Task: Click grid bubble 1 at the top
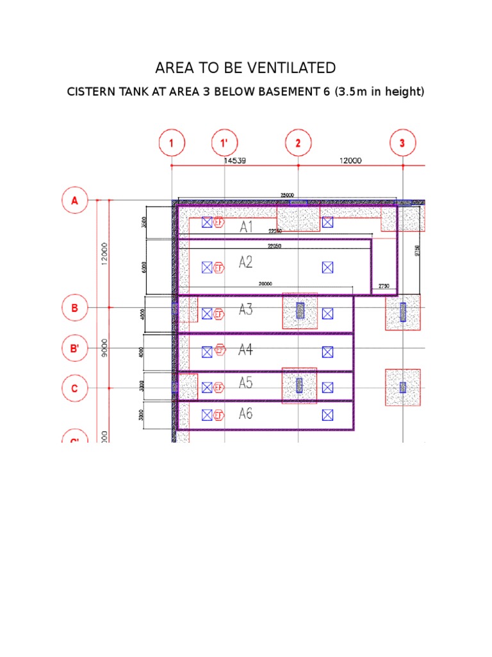click(x=172, y=144)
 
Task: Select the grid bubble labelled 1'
click(x=224, y=144)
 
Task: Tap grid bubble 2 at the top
click(x=298, y=144)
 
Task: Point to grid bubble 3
click(x=402, y=144)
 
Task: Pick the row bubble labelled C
click(x=74, y=388)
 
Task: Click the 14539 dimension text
click(x=234, y=161)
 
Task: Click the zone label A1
click(x=247, y=227)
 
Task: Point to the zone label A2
click(x=246, y=262)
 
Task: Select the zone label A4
click(x=246, y=350)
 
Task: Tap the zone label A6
click(x=246, y=414)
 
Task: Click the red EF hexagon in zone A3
click(x=220, y=314)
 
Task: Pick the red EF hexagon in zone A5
click(x=220, y=388)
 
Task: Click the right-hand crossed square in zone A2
click(x=327, y=266)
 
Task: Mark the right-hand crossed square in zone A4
click(x=327, y=352)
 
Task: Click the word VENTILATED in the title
click(x=291, y=68)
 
